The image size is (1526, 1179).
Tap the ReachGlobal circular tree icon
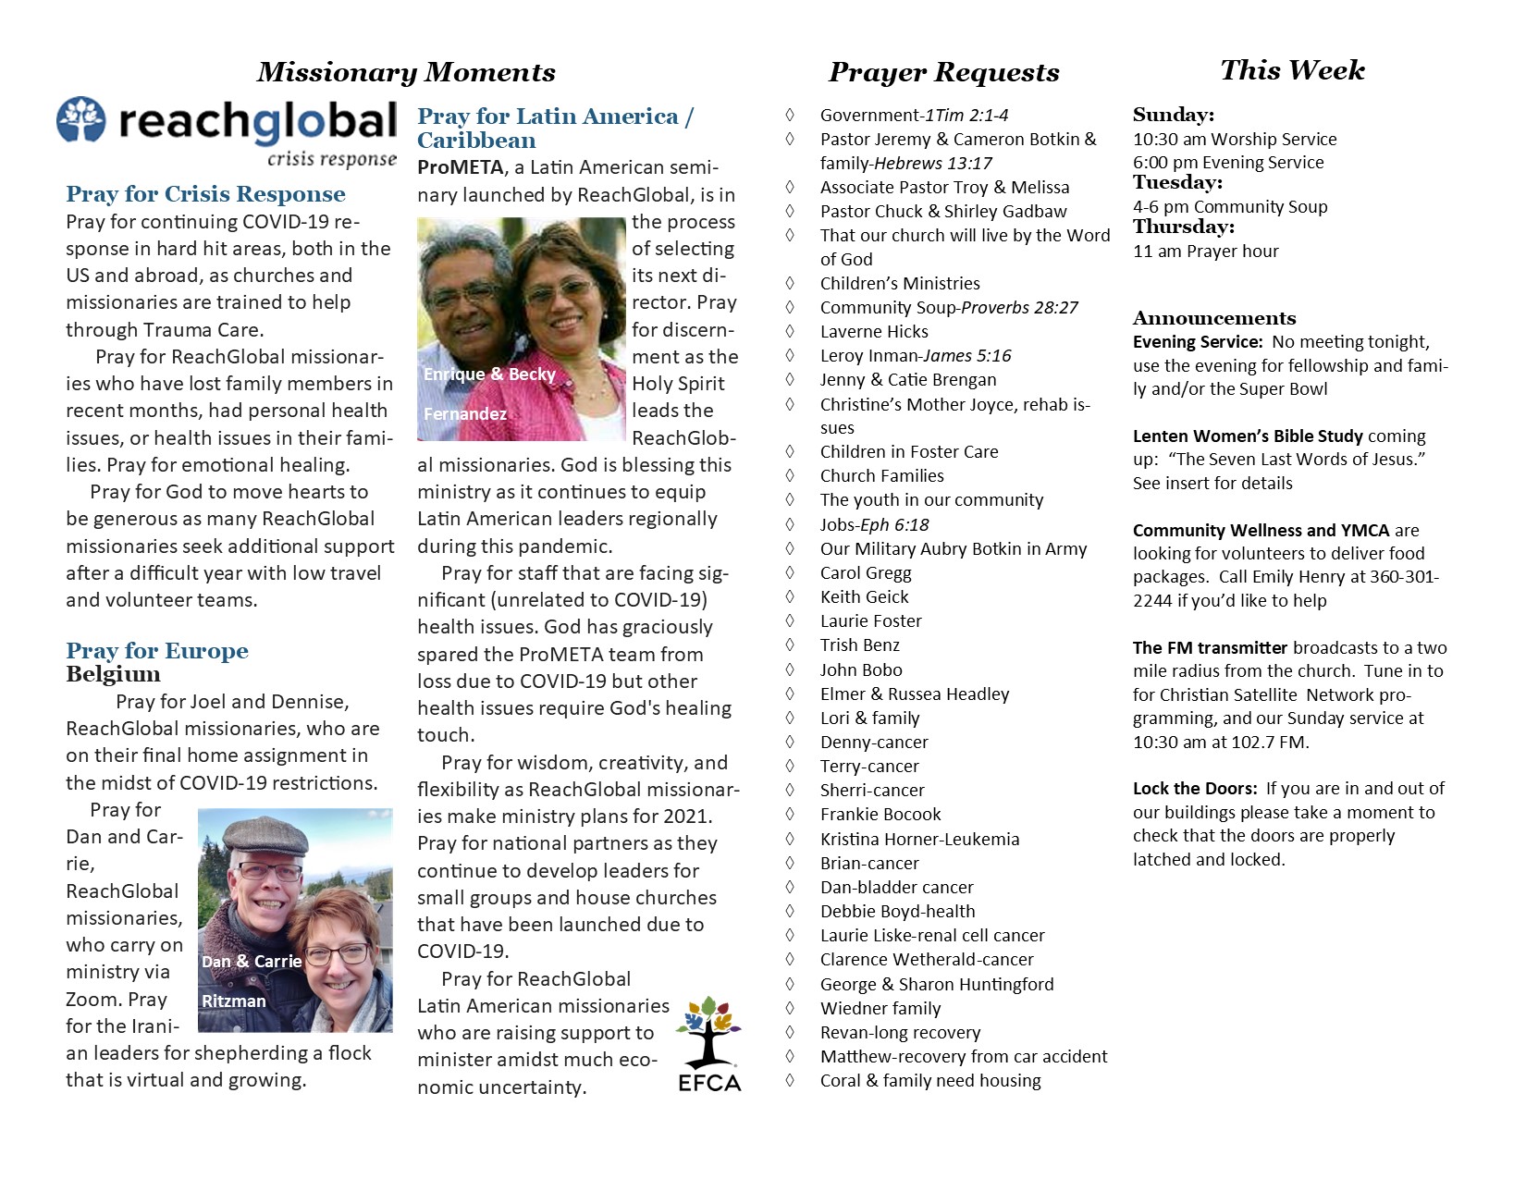(81, 119)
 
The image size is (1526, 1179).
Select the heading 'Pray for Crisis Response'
(205, 194)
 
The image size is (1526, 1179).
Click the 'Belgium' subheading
(113, 674)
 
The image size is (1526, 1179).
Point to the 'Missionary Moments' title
(406, 72)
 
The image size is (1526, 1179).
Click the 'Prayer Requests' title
(943, 72)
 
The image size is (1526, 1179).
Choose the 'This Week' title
(1292, 70)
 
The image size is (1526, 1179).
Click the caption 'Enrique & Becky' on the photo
(489, 375)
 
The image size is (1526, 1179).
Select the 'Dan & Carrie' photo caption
(252, 962)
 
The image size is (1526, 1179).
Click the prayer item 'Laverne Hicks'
(874, 332)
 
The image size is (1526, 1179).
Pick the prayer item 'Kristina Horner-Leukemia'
(919, 840)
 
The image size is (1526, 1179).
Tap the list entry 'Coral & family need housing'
(930, 1081)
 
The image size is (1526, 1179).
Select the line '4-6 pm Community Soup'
(1230, 207)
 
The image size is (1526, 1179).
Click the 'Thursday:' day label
(1184, 227)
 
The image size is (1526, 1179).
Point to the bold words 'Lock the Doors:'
(1195, 789)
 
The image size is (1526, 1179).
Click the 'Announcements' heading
(1214, 318)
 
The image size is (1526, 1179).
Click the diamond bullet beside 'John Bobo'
(790, 669)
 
